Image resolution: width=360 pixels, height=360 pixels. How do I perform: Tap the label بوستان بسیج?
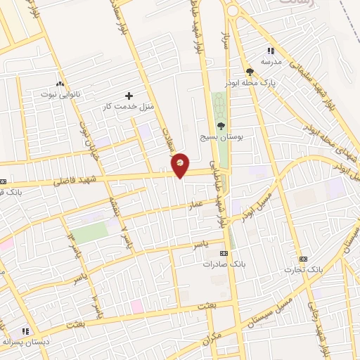pyautogui.click(x=221, y=139)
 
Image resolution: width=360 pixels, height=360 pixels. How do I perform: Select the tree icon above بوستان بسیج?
pyautogui.click(x=221, y=127)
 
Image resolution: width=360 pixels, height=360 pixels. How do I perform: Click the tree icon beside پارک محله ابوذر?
pyautogui.click(x=250, y=72)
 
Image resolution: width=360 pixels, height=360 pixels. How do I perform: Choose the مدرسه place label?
pyautogui.click(x=271, y=62)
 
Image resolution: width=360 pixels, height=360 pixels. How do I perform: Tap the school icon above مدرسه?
pyautogui.click(x=271, y=51)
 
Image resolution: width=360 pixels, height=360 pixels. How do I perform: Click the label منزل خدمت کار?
pyautogui.click(x=128, y=106)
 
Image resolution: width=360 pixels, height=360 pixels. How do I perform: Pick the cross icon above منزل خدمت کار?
pyautogui.click(x=129, y=95)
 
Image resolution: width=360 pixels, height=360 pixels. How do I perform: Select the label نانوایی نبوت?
pyautogui.click(x=60, y=94)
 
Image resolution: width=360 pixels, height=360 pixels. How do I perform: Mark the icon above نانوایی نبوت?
pyautogui.click(x=60, y=82)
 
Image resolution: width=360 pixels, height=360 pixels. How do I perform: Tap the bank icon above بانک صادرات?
pyautogui.click(x=224, y=254)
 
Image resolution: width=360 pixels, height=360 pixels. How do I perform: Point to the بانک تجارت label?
pyautogui.click(x=303, y=269)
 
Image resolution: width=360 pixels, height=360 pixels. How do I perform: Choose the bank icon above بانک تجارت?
pyautogui.click(x=303, y=259)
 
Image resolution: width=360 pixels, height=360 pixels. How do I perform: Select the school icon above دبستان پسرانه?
pyautogui.click(x=25, y=330)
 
